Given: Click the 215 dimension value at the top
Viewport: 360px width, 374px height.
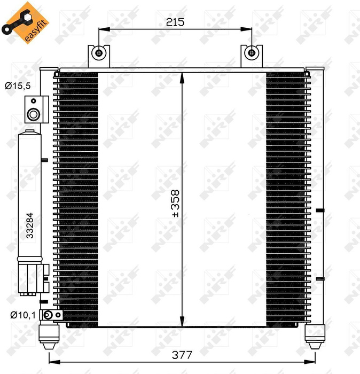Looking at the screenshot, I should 175,22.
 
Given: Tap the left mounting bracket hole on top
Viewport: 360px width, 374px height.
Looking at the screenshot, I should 99,53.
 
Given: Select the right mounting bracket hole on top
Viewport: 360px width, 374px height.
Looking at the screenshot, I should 251,53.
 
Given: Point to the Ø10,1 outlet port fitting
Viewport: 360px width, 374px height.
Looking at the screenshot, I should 49,315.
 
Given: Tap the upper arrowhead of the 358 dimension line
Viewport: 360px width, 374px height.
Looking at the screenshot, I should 183,75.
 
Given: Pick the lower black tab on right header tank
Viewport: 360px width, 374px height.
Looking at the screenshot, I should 319,278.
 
